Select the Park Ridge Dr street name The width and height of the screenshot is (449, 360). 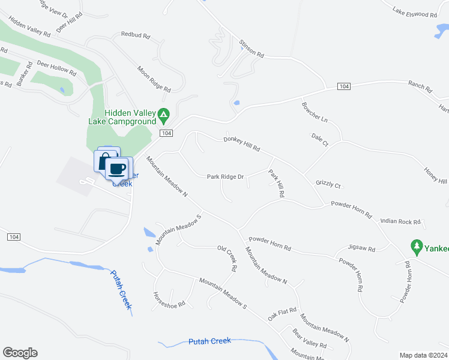pos(225,177)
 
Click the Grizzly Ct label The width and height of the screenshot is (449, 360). pos(328,185)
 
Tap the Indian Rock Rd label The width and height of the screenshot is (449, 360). pos(400,221)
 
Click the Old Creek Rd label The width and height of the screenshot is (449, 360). pos(231,260)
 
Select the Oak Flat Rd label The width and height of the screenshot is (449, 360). pos(282,314)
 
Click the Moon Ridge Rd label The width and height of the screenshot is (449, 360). pos(154,79)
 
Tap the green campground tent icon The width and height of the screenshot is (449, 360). pos(163,113)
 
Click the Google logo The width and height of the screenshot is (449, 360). pos(20,353)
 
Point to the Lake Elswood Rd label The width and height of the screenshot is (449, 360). pos(414,12)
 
